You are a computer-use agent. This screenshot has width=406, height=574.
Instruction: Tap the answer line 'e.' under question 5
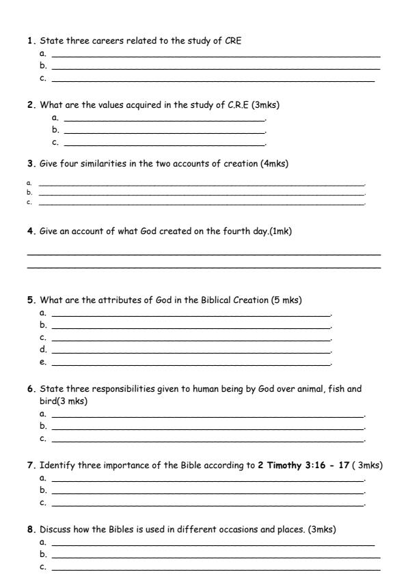pos(191,362)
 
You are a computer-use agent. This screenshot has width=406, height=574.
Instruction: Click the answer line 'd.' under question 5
pos(191,350)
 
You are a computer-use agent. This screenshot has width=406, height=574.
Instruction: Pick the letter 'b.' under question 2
pos(55,130)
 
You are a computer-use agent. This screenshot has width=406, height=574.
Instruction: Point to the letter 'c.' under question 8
pos(43,566)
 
